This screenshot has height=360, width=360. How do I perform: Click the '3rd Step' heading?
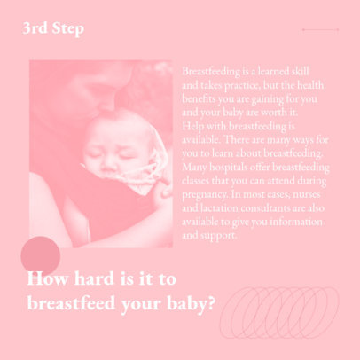click(x=54, y=29)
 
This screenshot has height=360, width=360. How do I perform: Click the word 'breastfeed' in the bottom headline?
click(x=73, y=302)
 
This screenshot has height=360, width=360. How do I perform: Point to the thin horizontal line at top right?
click(x=320, y=29)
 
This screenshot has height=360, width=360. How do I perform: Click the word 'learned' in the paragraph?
click(x=270, y=70)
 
